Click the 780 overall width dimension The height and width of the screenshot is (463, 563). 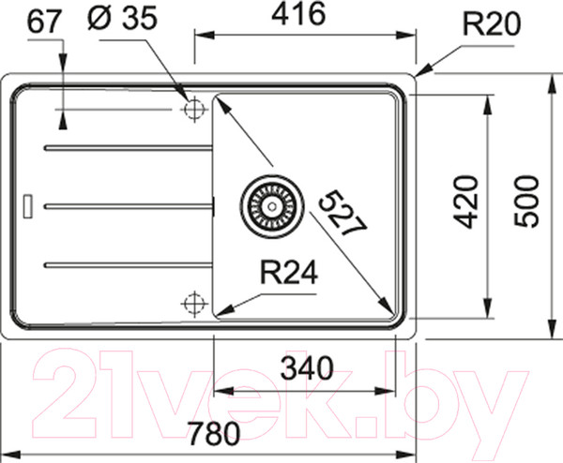coord(214,433)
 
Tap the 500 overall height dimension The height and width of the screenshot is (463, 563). coord(526,202)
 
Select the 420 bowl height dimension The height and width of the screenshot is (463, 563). coord(466,202)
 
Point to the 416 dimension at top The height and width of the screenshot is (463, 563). coord(298,14)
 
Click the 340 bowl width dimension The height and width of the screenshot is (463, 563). coord(307,368)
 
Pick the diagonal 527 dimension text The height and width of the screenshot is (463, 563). coord(342,213)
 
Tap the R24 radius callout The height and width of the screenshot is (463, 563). coord(289,272)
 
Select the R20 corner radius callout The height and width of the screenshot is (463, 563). coord(492,23)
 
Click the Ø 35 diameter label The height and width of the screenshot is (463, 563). coord(122,18)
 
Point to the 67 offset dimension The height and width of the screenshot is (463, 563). coord(43,22)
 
